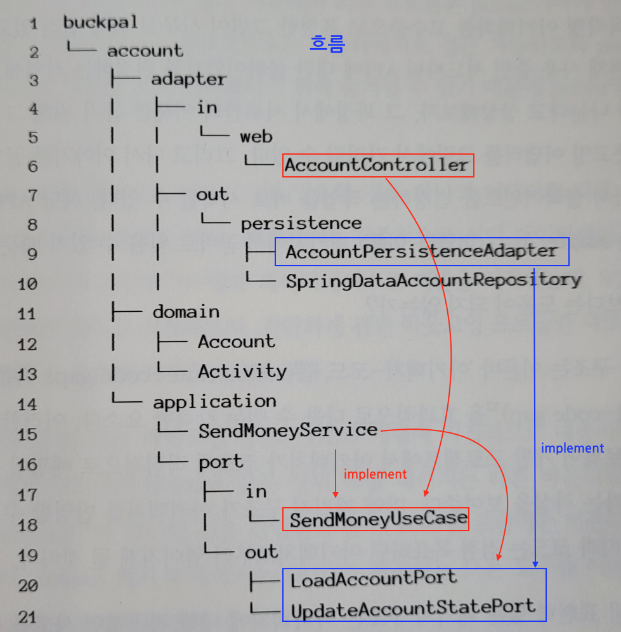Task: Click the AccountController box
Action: pyautogui.click(x=377, y=165)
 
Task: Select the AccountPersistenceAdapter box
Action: pyautogui.click(x=422, y=252)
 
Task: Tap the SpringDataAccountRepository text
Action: pyautogui.click(x=433, y=280)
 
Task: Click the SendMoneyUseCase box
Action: pyautogui.click(x=379, y=519)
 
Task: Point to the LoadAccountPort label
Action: pyautogui.click(x=373, y=578)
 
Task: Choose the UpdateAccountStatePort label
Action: pyautogui.click(x=413, y=607)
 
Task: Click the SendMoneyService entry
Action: pyautogui.click(x=288, y=431)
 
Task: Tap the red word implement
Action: pyautogui.click(x=374, y=474)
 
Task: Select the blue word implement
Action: pyautogui.click(x=572, y=448)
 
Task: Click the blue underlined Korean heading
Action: pyautogui.click(x=327, y=44)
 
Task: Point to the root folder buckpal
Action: pyautogui.click(x=100, y=23)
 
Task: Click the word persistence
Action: pyautogui.click(x=301, y=223)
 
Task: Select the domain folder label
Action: pyautogui.click(x=186, y=312)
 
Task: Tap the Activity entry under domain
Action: pyautogui.click(x=242, y=371)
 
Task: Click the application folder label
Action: pyautogui.click(x=214, y=401)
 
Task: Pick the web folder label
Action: pyautogui.click(x=256, y=136)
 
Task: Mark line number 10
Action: pyautogui.click(x=28, y=284)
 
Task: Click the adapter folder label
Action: pyautogui.click(x=188, y=79)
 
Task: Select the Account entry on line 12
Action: pyautogui.click(x=237, y=342)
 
